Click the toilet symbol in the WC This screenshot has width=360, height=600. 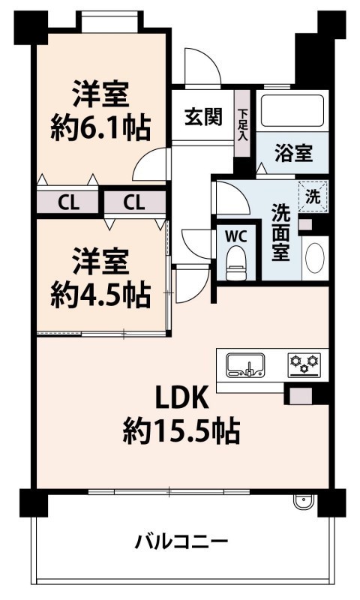235,263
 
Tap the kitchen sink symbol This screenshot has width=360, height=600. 245,365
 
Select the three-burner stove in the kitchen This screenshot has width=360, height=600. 304,364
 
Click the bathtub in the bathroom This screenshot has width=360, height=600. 292,110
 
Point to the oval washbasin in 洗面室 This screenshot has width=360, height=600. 315,258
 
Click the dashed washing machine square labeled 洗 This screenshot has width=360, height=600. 313,196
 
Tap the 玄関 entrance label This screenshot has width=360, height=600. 203,117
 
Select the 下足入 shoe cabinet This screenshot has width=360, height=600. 242,123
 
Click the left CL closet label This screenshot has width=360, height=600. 68,202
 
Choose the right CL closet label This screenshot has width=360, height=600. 134,202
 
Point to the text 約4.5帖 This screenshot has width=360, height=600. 100,295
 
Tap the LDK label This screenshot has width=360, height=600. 181,397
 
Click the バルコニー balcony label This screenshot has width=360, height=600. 181,541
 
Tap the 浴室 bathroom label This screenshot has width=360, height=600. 294,153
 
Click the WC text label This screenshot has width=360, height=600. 235,236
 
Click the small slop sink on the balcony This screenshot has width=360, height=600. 304,501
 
